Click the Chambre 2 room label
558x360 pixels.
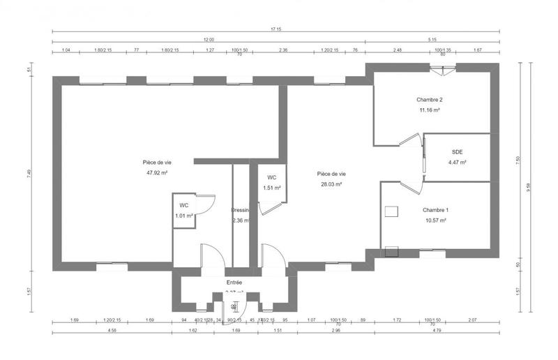[430, 100]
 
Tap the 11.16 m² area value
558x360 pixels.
[430, 110]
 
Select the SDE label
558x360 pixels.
[457, 151]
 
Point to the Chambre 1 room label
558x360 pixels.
[436, 210]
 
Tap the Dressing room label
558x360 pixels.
[241, 210]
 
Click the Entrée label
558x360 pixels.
[234, 283]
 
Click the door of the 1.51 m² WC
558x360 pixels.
[269, 207]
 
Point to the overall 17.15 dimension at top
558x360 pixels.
[277, 30]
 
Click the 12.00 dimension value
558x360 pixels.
[209, 40]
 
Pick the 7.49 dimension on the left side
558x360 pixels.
[29, 174]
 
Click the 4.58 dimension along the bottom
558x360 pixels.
[112, 331]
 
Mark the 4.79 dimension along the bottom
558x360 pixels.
[437, 331]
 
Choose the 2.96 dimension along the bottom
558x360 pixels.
[336, 331]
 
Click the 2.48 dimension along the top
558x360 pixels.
[397, 50]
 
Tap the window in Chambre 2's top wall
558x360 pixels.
[442, 68]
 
